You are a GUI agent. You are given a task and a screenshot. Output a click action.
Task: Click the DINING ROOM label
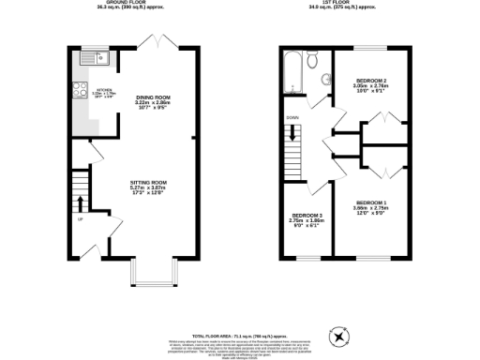tap(155, 98)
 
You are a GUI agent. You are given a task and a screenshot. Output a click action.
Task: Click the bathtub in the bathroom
tap(292, 70)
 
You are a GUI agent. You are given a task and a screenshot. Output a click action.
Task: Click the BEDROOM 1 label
tap(368, 203)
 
